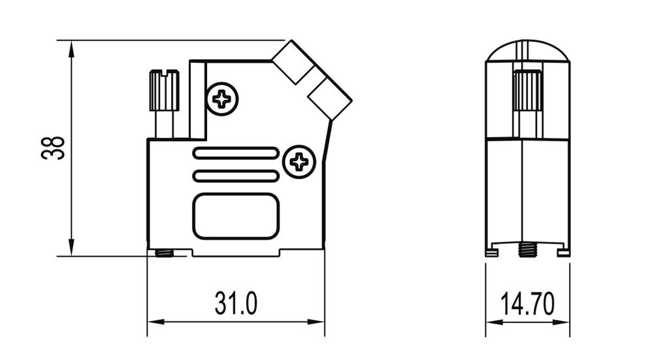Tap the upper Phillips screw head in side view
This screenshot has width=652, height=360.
point(221,99)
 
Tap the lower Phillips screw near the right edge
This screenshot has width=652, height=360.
point(300,160)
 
